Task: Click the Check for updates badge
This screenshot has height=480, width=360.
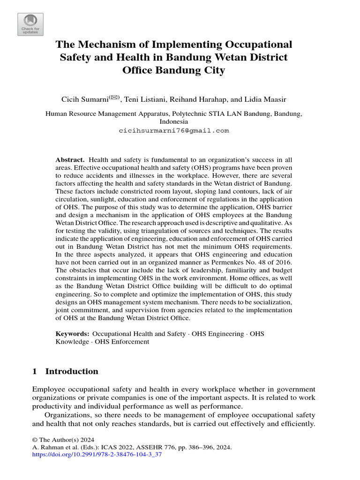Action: pyautogui.click(x=30, y=24)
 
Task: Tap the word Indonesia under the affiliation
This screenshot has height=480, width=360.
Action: pyautogui.click(x=173, y=121)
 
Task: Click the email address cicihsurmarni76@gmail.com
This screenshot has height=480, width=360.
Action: pyautogui.click(x=173, y=131)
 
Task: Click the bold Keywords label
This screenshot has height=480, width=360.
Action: pyautogui.click(x=72, y=334)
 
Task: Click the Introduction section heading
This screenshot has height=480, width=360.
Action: pyautogui.click(x=71, y=371)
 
